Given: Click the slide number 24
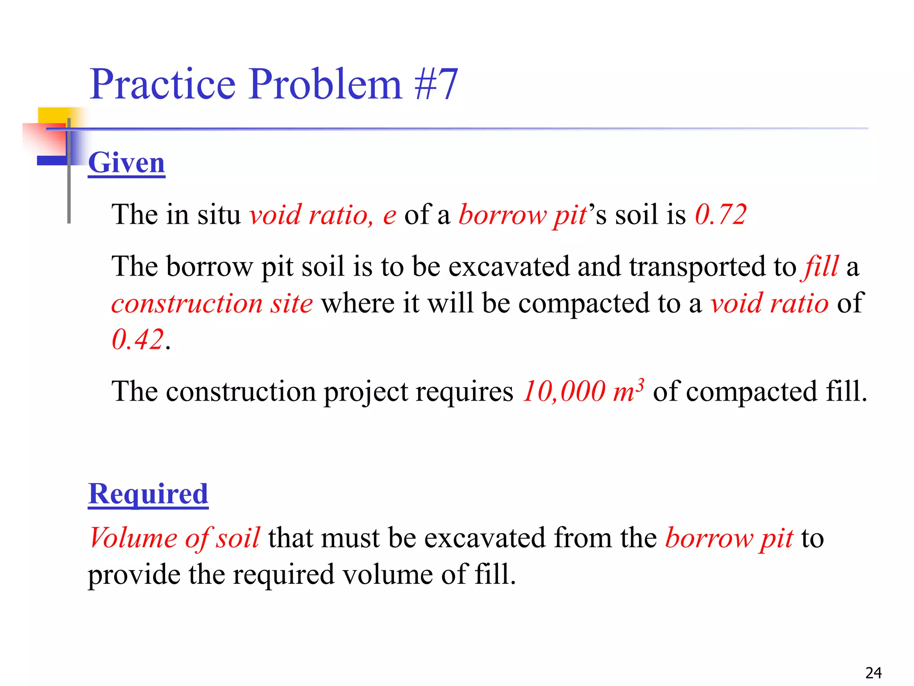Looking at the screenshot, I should click(873, 673).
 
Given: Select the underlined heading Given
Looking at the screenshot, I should click(127, 163).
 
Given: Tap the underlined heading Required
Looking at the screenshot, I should click(148, 494).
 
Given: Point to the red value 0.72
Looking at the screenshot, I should click(720, 214).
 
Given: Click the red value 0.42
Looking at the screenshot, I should click(137, 339).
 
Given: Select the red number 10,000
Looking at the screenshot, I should click(564, 391).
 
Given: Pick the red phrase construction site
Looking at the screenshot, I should click(212, 304).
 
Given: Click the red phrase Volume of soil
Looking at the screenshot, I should click(174, 538).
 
